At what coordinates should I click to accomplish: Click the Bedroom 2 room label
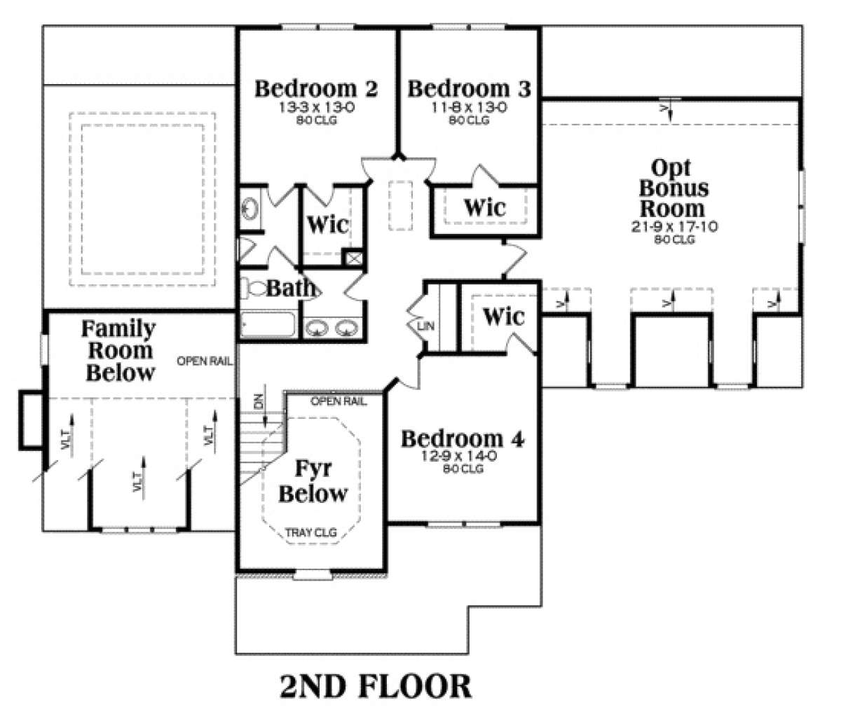click(x=316, y=89)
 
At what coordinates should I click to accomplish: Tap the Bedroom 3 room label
click(x=469, y=89)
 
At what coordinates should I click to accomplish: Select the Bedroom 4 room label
click(x=463, y=438)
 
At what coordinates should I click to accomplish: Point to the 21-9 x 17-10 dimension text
click(x=674, y=226)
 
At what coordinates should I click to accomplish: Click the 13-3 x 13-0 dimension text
click(x=316, y=107)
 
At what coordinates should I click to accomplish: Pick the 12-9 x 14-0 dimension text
click(x=458, y=456)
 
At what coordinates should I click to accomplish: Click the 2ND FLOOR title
click(x=376, y=686)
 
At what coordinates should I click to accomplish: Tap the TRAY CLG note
click(x=311, y=532)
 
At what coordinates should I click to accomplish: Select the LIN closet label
click(x=425, y=326)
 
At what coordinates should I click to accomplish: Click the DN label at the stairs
click(x=259, y=401)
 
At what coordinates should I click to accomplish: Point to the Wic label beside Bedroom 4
click(x=503, y=316)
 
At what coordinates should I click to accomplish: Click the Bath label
click(x=291, y=288)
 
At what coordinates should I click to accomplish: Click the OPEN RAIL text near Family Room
click(x=204, y=361)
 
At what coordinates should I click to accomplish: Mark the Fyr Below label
click(x=313, y=481)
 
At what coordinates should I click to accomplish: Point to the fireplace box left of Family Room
click(x=32, y=420)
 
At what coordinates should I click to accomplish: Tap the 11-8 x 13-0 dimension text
click(x=469, y=107)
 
